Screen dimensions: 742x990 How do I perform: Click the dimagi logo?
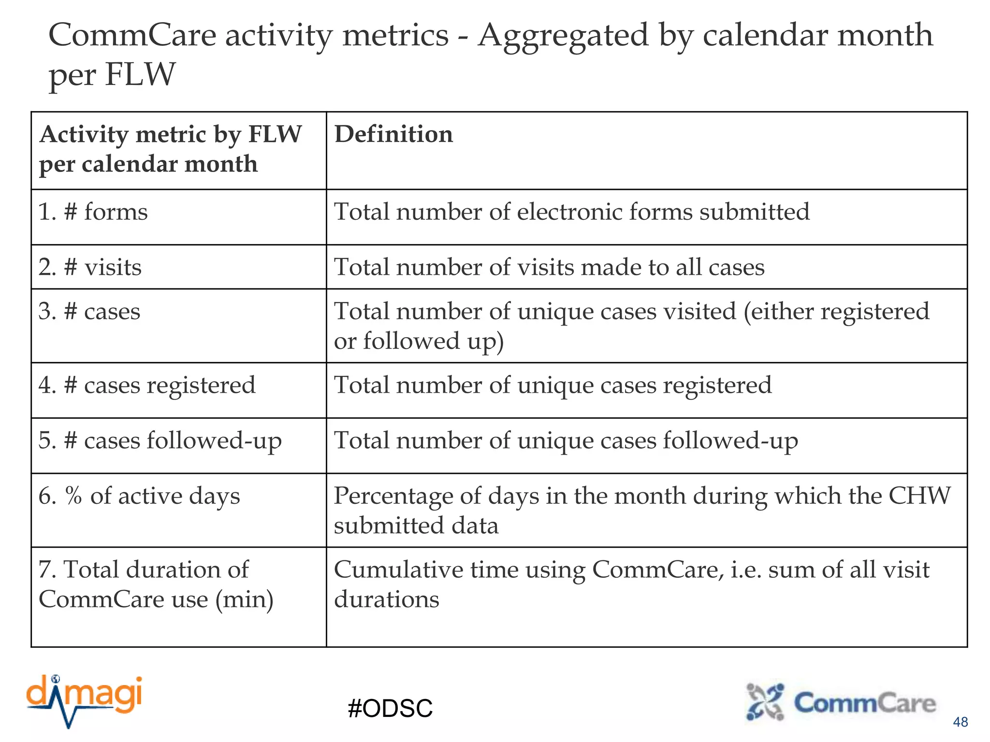[85, 700]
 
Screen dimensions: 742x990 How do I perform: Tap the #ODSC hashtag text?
[390, 709]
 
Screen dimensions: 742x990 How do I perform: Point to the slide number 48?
[960, 722]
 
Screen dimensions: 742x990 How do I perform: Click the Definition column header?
[394, 134]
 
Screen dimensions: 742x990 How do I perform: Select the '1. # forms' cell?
[93, 212]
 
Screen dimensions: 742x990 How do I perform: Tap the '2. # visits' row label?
[90, 267]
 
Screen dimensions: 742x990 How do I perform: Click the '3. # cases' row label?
[89, 311]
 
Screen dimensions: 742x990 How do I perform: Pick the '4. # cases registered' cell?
[147, 385]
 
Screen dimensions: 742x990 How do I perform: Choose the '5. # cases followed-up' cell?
[160, 441]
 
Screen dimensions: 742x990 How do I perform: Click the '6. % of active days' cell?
[139, 496]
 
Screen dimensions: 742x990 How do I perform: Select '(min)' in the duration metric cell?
[245, 599]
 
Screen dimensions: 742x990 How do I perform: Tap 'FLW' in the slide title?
[140, 74]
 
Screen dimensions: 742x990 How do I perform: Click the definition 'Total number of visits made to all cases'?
[549, 267]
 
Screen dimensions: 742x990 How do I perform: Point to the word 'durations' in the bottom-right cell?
[387, 599]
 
